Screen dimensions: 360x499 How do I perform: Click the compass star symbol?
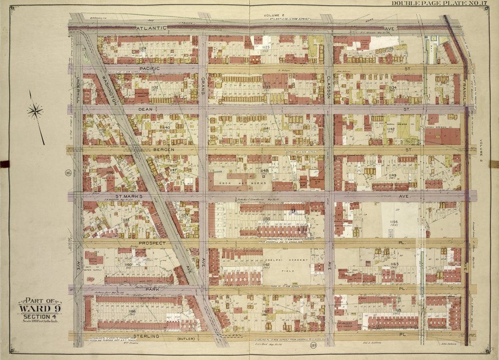tap(35, 112)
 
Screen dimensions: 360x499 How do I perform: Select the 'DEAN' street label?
tap(147, 110)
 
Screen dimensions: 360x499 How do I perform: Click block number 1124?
tap(142, 48)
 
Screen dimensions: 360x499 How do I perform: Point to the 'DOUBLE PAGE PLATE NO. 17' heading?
tap(445, 4)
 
